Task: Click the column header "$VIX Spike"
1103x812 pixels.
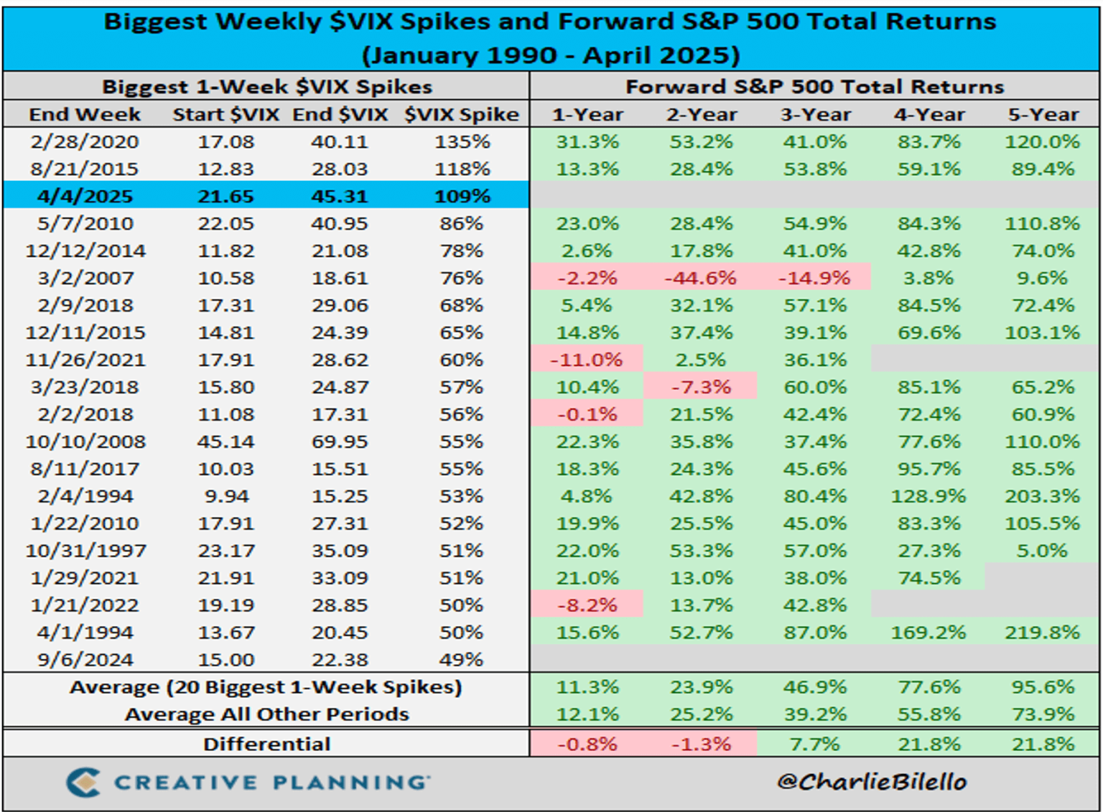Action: pyautogui.click(x=461, y=115)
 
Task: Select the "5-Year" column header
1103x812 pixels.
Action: pyautogui.click(x=1043, y=115)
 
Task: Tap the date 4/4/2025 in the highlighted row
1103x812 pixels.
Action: pyautogui.click(x=85, y=196)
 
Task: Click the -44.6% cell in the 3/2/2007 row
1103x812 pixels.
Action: pyautogui.click(x=701, y=278)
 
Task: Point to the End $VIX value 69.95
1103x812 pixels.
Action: pyautogui.click(x=340, y=442)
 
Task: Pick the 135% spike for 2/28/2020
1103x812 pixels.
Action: pyautogui.click(x=462, y=142)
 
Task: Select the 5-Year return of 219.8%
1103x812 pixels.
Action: pyautogui.click(x=1043, y=633)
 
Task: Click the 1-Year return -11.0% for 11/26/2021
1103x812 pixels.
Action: pyautogui.click(x=587, y=360)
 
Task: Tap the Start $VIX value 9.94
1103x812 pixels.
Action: pyautogui.click(x=225, y=496)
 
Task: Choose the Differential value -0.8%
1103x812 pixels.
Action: pyautogui.click(x=587, y=744)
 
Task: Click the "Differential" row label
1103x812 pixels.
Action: pyautogui.click(x=266, y=744)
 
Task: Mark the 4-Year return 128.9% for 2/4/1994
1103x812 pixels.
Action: pyautogui.click(x=929, y=496)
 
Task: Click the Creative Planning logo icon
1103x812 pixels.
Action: pyautogui.click(x=84, y=782)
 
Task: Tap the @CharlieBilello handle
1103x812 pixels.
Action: pyautogui.click(x=871, y=781)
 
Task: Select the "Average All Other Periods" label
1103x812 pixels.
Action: pyautogui.click(x=266, y=714)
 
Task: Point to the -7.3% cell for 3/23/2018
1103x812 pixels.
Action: pyautogui.click(x=701, y=387)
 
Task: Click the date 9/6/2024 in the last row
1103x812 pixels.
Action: pyautogui.click(x=85, y=660)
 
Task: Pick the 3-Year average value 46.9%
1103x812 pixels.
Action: pyautogui.click(x=814, y=687)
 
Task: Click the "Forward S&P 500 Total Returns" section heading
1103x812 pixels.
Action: pyautogui.click(x=814, y=87)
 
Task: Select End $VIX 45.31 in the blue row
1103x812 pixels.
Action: pyautogui.click(x=340, y=196)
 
